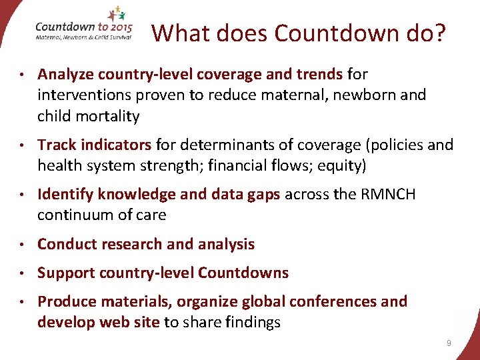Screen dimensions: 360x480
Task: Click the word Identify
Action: pyautogui.click(x=65, y=194)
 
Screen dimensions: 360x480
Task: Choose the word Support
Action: pyautogui.click(x=66, y=273)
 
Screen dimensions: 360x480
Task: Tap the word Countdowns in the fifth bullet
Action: pyautogui.click(x=243, y=273)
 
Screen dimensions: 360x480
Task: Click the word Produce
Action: pyautogui.click(x=65, y=301)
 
